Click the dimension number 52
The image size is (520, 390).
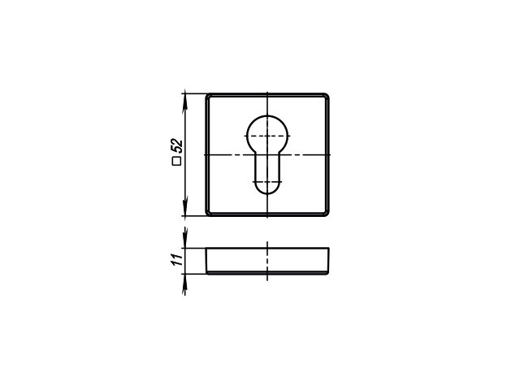coord(177,145)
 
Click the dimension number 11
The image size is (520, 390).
coord(177,259)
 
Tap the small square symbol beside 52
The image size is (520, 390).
coord(177,162)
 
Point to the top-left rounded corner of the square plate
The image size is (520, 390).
coord(208,96)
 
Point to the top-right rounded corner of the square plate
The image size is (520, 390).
coord(327,96)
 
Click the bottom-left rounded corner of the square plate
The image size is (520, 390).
coord(208,214)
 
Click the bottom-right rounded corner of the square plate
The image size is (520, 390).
coord(327,214)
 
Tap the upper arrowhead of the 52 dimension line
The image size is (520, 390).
coord(185,99)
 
